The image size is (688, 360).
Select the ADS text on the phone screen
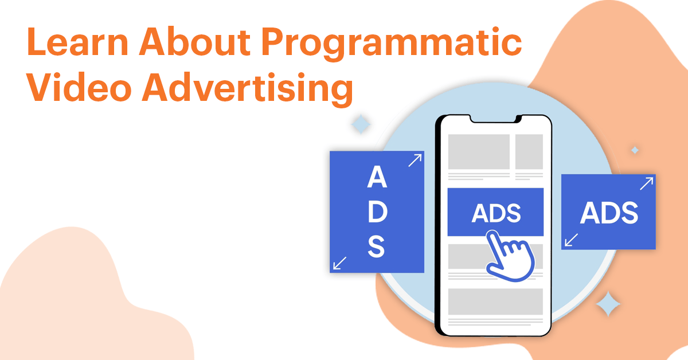click(496, 213)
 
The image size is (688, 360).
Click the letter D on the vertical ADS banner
click(377, 213)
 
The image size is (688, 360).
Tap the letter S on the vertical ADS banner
click(377, 248)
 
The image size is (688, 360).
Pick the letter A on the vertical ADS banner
click(377, 178)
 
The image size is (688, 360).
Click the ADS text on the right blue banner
click(608, 213)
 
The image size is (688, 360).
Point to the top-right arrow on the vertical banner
click(414, 161)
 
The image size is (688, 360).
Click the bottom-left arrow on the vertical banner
click(340, 263)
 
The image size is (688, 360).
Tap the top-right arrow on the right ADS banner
click(646, 183)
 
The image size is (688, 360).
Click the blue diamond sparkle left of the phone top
click(360, 124)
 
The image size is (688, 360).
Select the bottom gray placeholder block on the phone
click(495, 301)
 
